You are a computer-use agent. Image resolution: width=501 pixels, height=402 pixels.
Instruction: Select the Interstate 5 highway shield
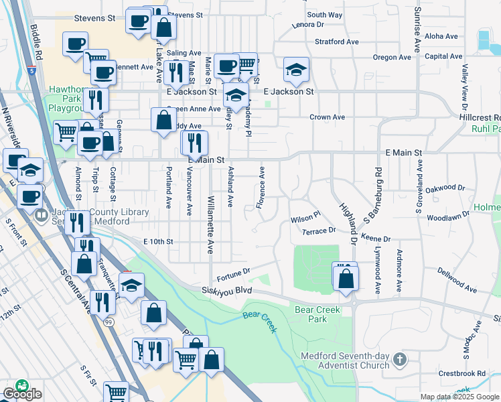[33, 69]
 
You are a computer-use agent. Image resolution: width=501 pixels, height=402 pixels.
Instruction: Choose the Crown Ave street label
[327, 117]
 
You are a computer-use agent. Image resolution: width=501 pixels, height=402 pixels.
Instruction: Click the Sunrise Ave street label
[417, 30]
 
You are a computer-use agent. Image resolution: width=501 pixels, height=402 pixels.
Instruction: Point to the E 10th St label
[158, 241]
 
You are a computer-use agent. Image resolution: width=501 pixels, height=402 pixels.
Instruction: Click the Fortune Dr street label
[232, 274]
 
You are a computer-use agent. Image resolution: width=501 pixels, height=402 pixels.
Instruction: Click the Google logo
[22, 393]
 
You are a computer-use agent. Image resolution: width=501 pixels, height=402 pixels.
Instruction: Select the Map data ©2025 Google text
[459, 397]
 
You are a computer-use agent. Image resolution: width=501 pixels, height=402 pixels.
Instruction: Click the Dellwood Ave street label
[457, 280]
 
